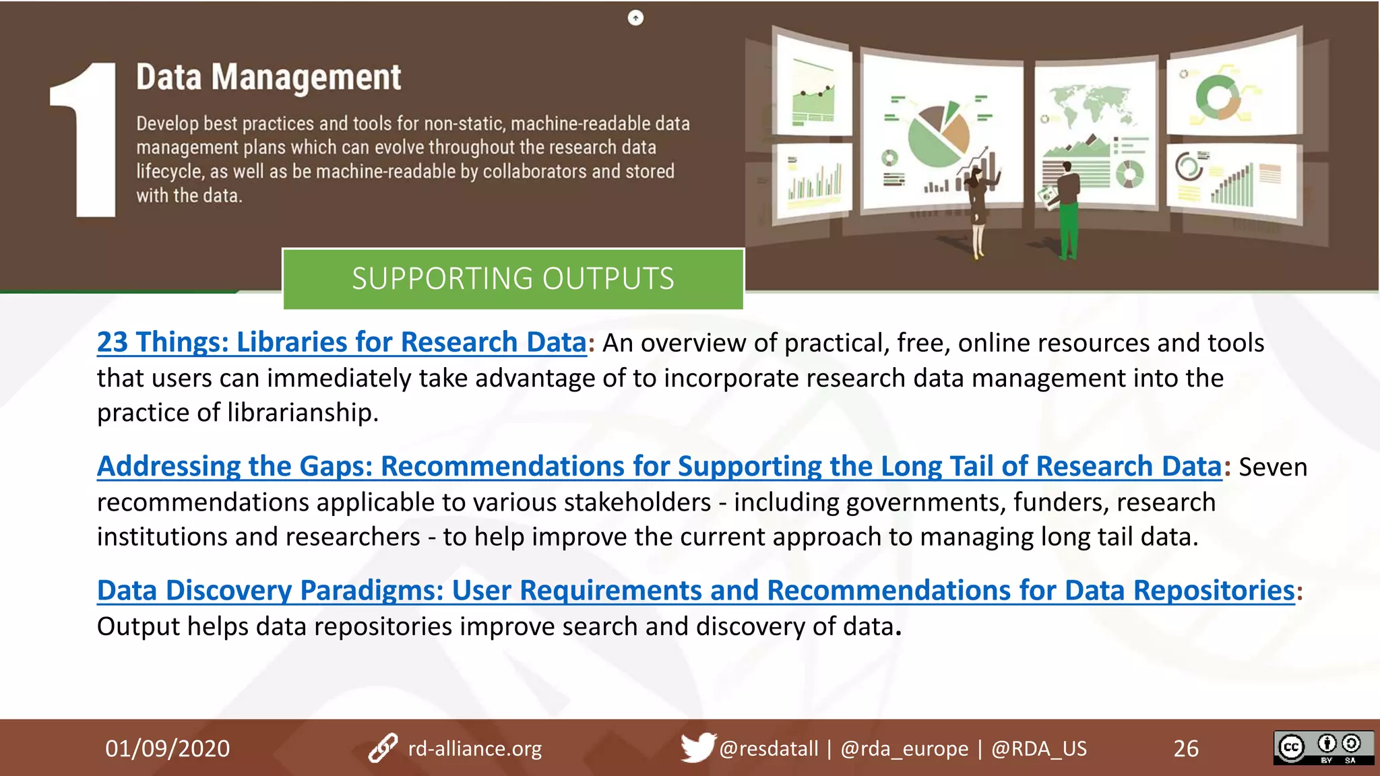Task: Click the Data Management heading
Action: [268, 77]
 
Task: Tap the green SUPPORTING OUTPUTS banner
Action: [513, 279]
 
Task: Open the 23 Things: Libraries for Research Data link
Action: [342, 342]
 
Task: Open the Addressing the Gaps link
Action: [659, 466]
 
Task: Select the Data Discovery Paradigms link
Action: [695, 590]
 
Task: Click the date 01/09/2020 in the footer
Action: [167, 748]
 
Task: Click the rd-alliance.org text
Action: [474, 748]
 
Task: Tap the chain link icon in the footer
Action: [383, 748]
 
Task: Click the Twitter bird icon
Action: [697, 747]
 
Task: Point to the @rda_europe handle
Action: [904, 748]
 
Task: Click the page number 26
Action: [1186, 748]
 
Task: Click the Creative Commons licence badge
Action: [1323, 748]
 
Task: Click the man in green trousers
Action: [1067, 209]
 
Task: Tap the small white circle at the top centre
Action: [635, 18]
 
